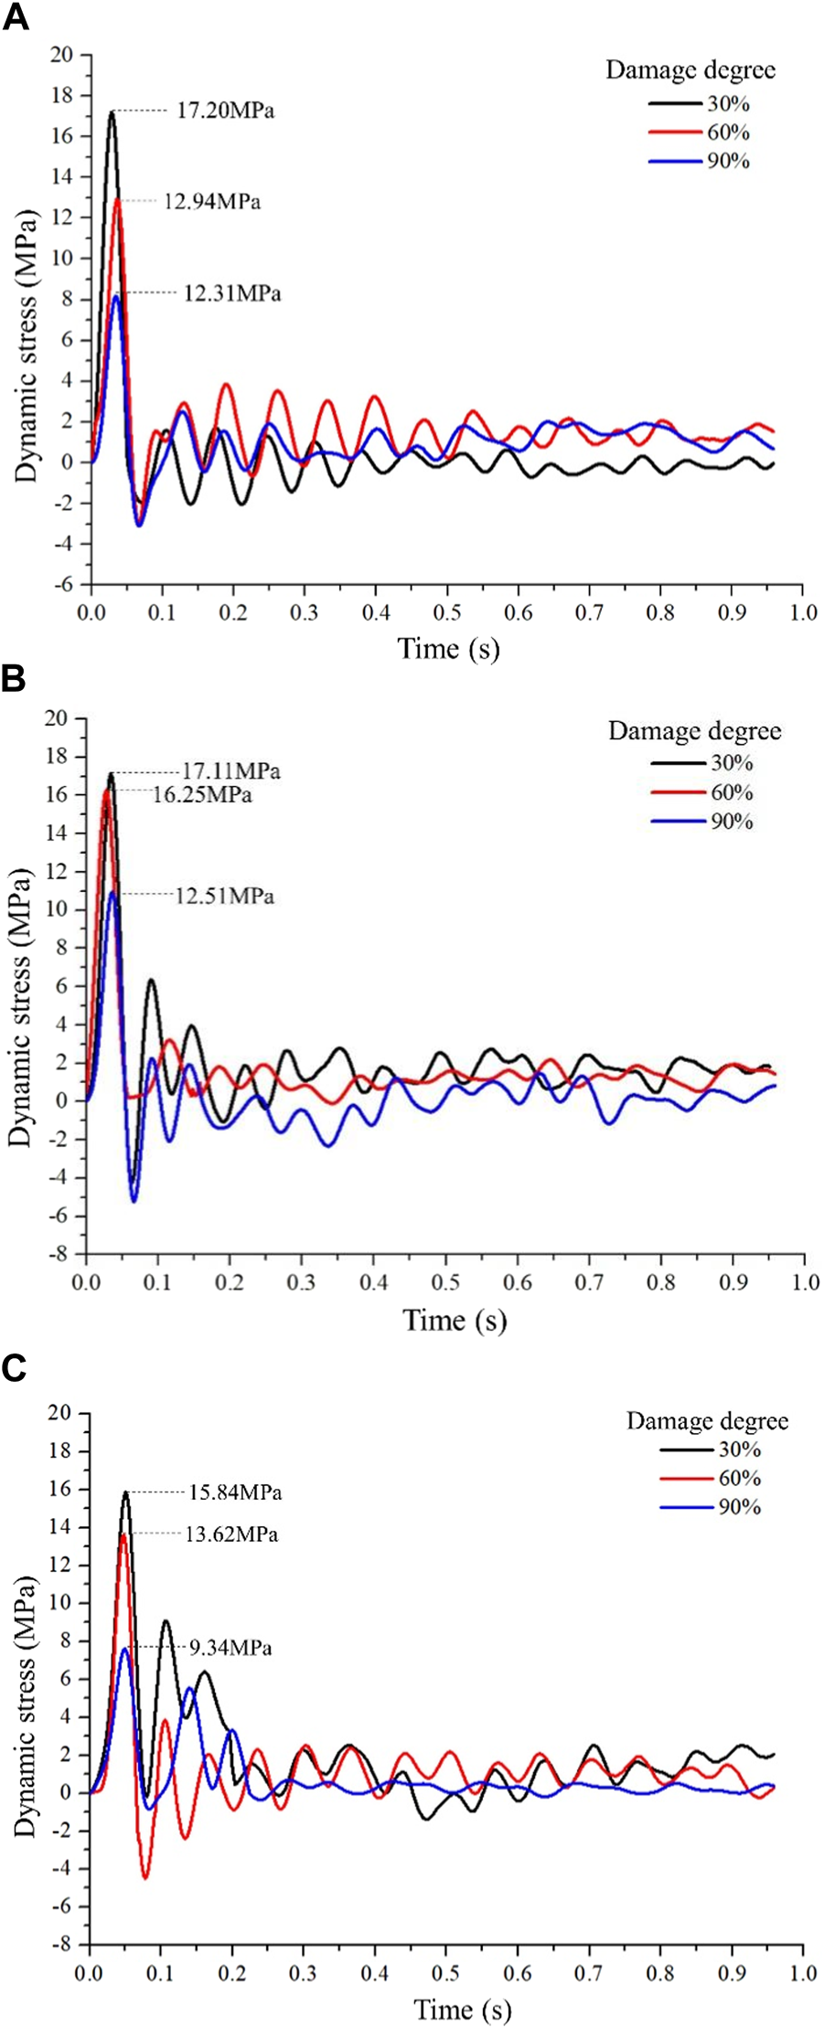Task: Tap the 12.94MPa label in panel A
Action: (x=211, y=201)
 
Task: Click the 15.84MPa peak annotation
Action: (x=235, y=1492)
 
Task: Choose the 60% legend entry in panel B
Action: (x=731, y=791)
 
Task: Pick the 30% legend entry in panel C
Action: (x=740, y=1449)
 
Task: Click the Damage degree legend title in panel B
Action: (x=694, y=731)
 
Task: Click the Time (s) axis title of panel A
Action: (x=448, y=648)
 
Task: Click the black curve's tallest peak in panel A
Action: (x=112, y=112)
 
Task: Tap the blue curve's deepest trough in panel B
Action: (x=134, y=1201)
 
